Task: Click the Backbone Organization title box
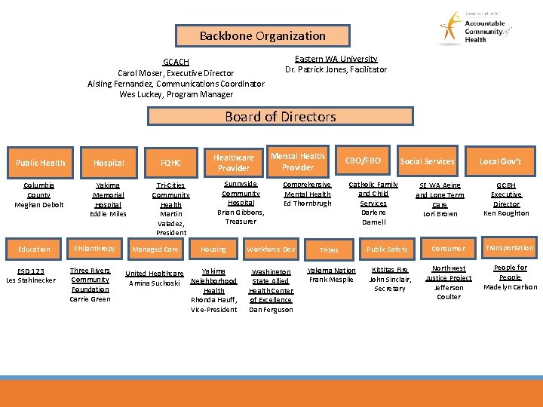(262, 35)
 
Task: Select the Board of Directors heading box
(280, 116)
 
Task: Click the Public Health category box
(41, 162)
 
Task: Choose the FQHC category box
(170, 162)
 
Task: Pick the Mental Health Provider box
(298, 161)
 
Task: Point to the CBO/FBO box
(363, 161)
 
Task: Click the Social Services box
(428, 161)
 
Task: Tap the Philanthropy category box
(94, 249)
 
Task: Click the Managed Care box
(155, 249)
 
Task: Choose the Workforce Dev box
(271, 249)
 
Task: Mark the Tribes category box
(329, 249)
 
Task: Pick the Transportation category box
(510, 248)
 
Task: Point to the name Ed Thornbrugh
(307, 203)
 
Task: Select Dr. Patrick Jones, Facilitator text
(336, 69)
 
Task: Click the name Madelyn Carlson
(510, 287)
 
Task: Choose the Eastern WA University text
(336, 59)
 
